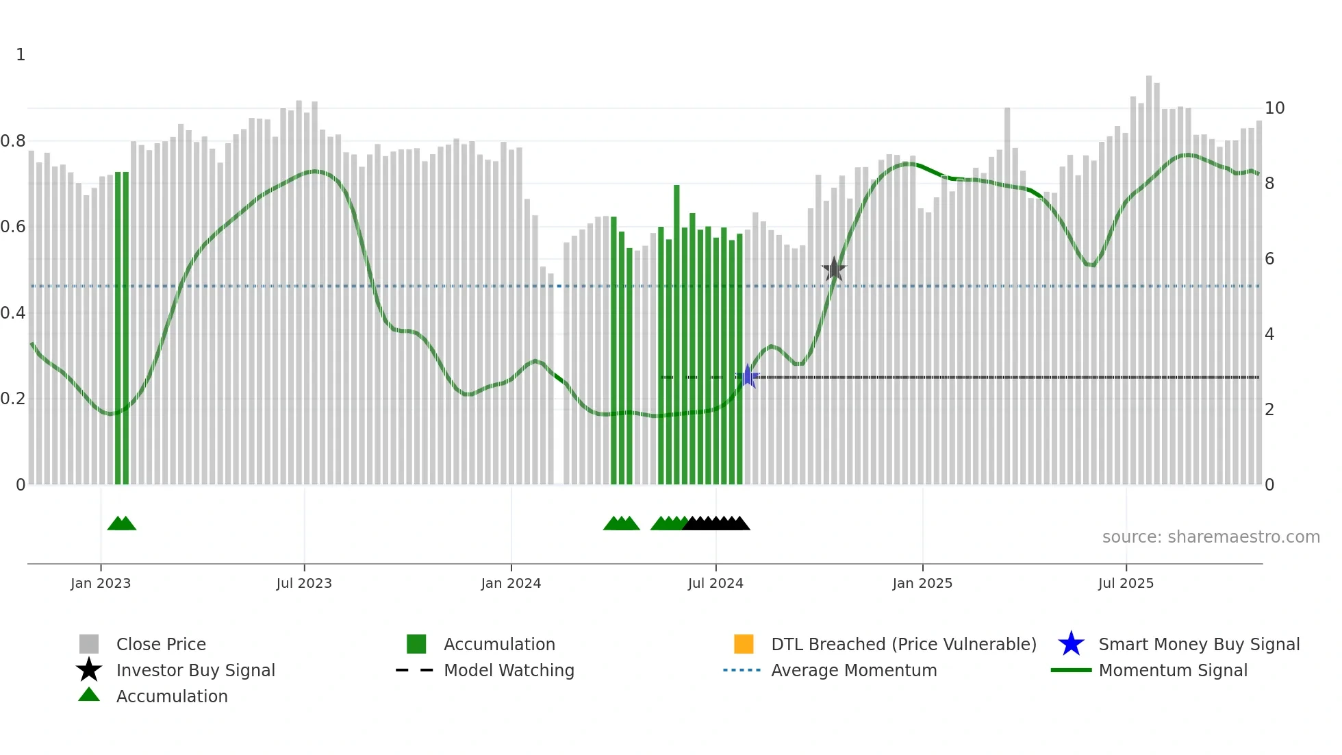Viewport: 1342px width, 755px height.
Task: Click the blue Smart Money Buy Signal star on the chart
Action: [x=748, y=376]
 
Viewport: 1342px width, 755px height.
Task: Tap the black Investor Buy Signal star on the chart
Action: [x=834, y=269]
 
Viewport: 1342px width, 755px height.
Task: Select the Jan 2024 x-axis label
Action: [x=511, y=583]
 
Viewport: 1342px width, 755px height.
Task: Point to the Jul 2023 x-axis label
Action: [x=304, y=583]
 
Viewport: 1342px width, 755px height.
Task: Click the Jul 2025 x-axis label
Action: [x=1126, y=583]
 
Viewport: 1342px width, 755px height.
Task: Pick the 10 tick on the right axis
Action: [x=1274, y=108]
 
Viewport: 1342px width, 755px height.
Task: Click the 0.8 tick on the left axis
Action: [x=14, y=141]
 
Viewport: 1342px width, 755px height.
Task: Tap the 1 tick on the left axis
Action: [x=21, y=55]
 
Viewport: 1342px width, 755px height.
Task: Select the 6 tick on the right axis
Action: [x=1269, y=259]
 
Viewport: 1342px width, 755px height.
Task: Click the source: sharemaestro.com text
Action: [x=1211, y=537]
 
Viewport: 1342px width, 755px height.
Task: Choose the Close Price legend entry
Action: [x=161, y=644]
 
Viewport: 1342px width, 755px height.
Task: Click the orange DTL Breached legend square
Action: [x=744, y=644]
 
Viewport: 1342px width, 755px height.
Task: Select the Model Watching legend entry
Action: [x=509, y=670]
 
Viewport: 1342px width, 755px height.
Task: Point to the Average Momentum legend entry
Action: [x=854, y=670]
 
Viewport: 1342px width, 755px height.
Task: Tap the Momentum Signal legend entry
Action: [x=1173, y=670]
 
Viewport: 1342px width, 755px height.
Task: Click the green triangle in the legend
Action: [x=89, y=695]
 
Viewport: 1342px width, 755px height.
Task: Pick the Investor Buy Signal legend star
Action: [x=89, y=670]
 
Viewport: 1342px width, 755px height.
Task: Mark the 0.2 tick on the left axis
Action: [x=14, y=399]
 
